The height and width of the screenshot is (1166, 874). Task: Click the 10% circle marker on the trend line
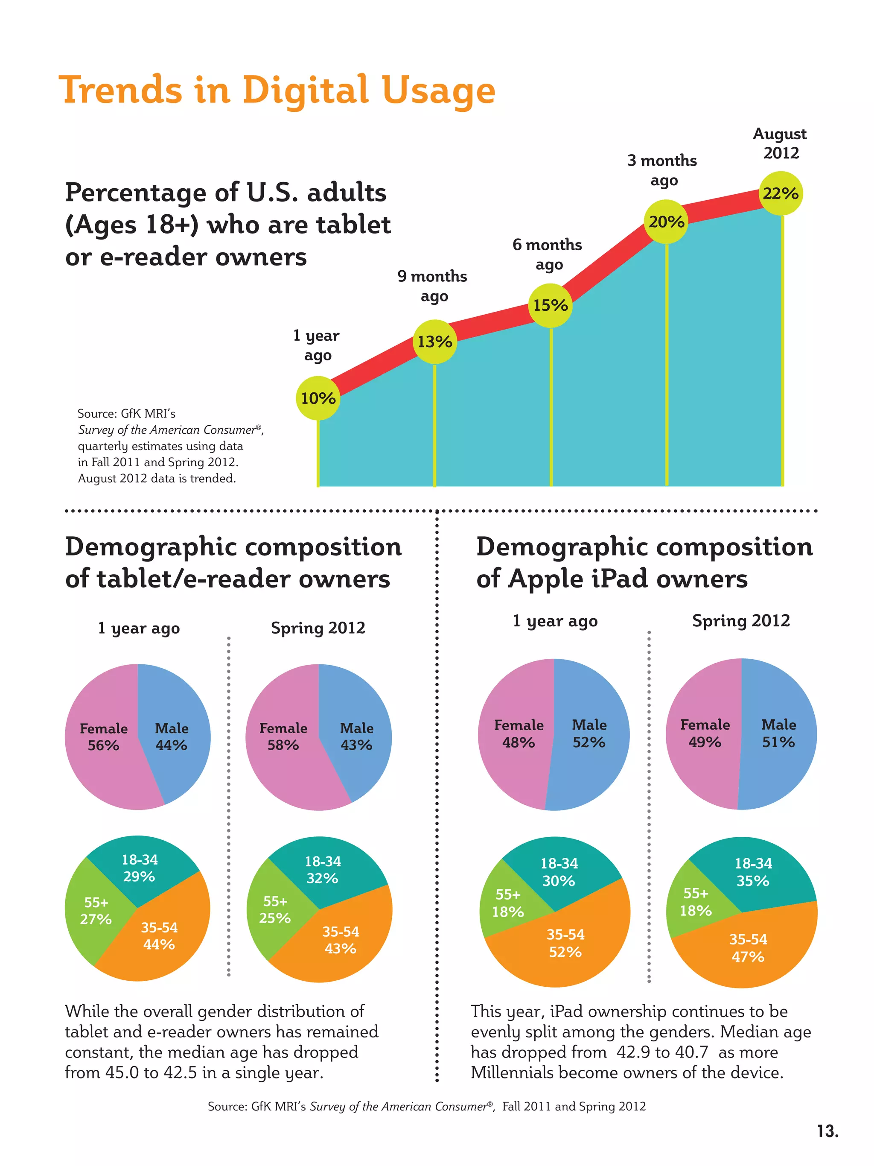point(318,398)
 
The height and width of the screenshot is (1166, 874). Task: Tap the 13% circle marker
point(434,342)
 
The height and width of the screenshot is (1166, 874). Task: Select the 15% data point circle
point(551,305)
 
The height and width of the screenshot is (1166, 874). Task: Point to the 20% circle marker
point(667,222)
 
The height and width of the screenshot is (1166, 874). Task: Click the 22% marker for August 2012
point(781,193)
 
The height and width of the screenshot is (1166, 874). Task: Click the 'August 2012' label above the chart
point(780,143)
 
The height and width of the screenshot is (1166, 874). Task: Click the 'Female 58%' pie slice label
point(283,736)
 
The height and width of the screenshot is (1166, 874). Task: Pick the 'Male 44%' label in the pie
point(171,736)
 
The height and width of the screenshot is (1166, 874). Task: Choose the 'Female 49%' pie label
point(705,733)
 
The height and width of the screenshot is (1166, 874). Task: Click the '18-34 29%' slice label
point(140,868)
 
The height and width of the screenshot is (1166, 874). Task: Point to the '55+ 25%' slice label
point(275,909)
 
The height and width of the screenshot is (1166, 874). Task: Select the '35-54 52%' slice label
point(565,943)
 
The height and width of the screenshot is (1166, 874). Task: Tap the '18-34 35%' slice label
point(753,872)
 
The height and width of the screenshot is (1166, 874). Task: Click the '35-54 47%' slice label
point(748,948)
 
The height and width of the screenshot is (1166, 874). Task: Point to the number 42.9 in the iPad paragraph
point(633,1052)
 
